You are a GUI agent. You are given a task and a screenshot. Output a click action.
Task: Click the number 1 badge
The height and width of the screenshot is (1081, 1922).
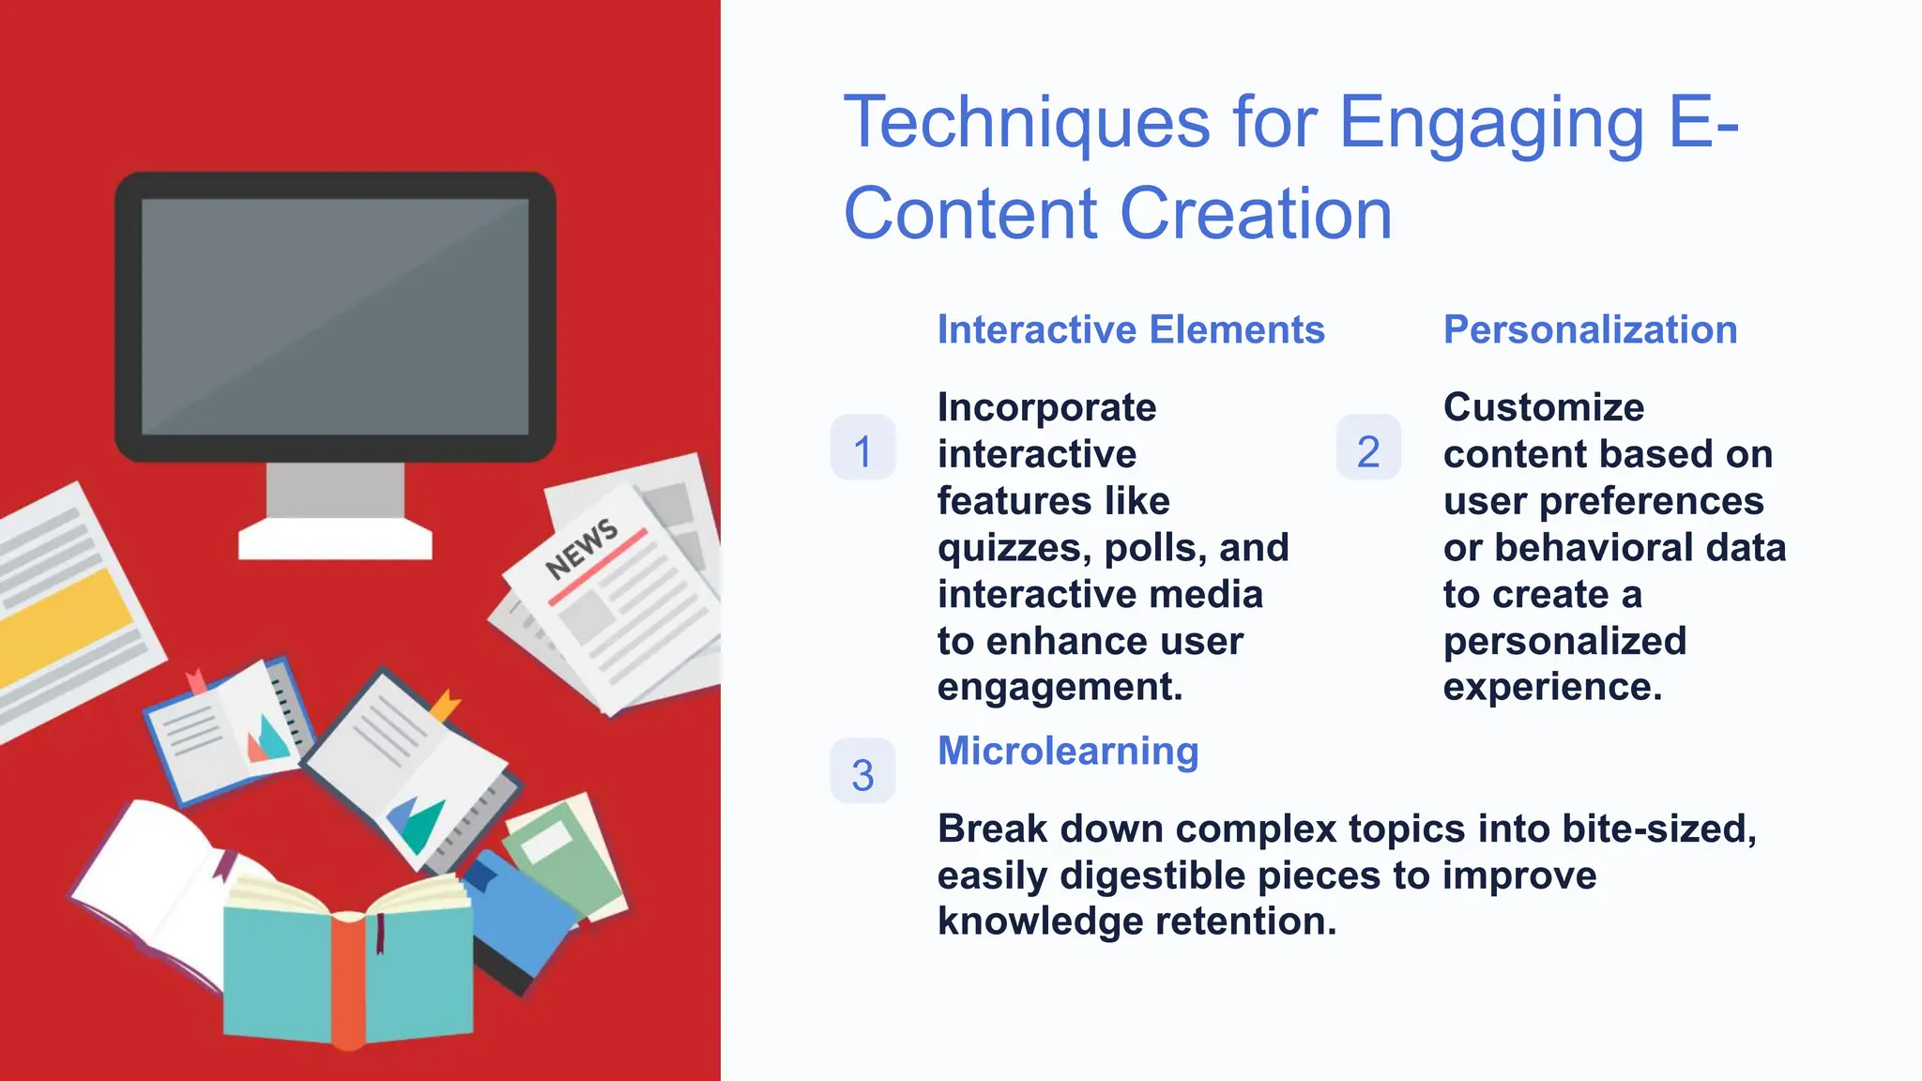(x=862, y=449)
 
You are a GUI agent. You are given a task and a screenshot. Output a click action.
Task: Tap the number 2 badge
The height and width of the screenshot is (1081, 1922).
(x=1368, y=449)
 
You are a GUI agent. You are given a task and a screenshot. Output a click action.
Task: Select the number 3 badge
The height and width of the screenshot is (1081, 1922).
(x=862, y=772)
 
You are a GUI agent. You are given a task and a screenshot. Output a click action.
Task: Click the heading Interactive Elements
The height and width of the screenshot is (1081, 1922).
(x=1131, y=329)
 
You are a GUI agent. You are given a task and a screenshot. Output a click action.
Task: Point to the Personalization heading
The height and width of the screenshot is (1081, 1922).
(x=1590, y=329)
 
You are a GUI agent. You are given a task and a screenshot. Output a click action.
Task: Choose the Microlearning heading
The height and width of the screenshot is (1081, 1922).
(x=1068, y=751)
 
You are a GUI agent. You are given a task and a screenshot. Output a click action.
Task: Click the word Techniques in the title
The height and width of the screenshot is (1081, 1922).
(x=1027, y=123)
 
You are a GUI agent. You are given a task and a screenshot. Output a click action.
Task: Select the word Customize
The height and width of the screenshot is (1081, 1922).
(x=1543, y=407)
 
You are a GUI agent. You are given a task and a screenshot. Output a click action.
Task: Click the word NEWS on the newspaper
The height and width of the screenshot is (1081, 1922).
(x=581, y=548)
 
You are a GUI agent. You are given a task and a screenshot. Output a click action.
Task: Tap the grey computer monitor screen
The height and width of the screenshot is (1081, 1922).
(x=335, y=316)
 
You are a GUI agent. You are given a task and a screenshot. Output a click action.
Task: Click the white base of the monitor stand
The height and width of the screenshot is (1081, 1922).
(x=335, y=541)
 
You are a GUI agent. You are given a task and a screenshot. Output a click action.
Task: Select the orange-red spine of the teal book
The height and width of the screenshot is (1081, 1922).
(x=347, y=981)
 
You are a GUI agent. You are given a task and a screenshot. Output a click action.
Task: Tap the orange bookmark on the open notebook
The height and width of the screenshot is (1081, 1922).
(x=445, y=705)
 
